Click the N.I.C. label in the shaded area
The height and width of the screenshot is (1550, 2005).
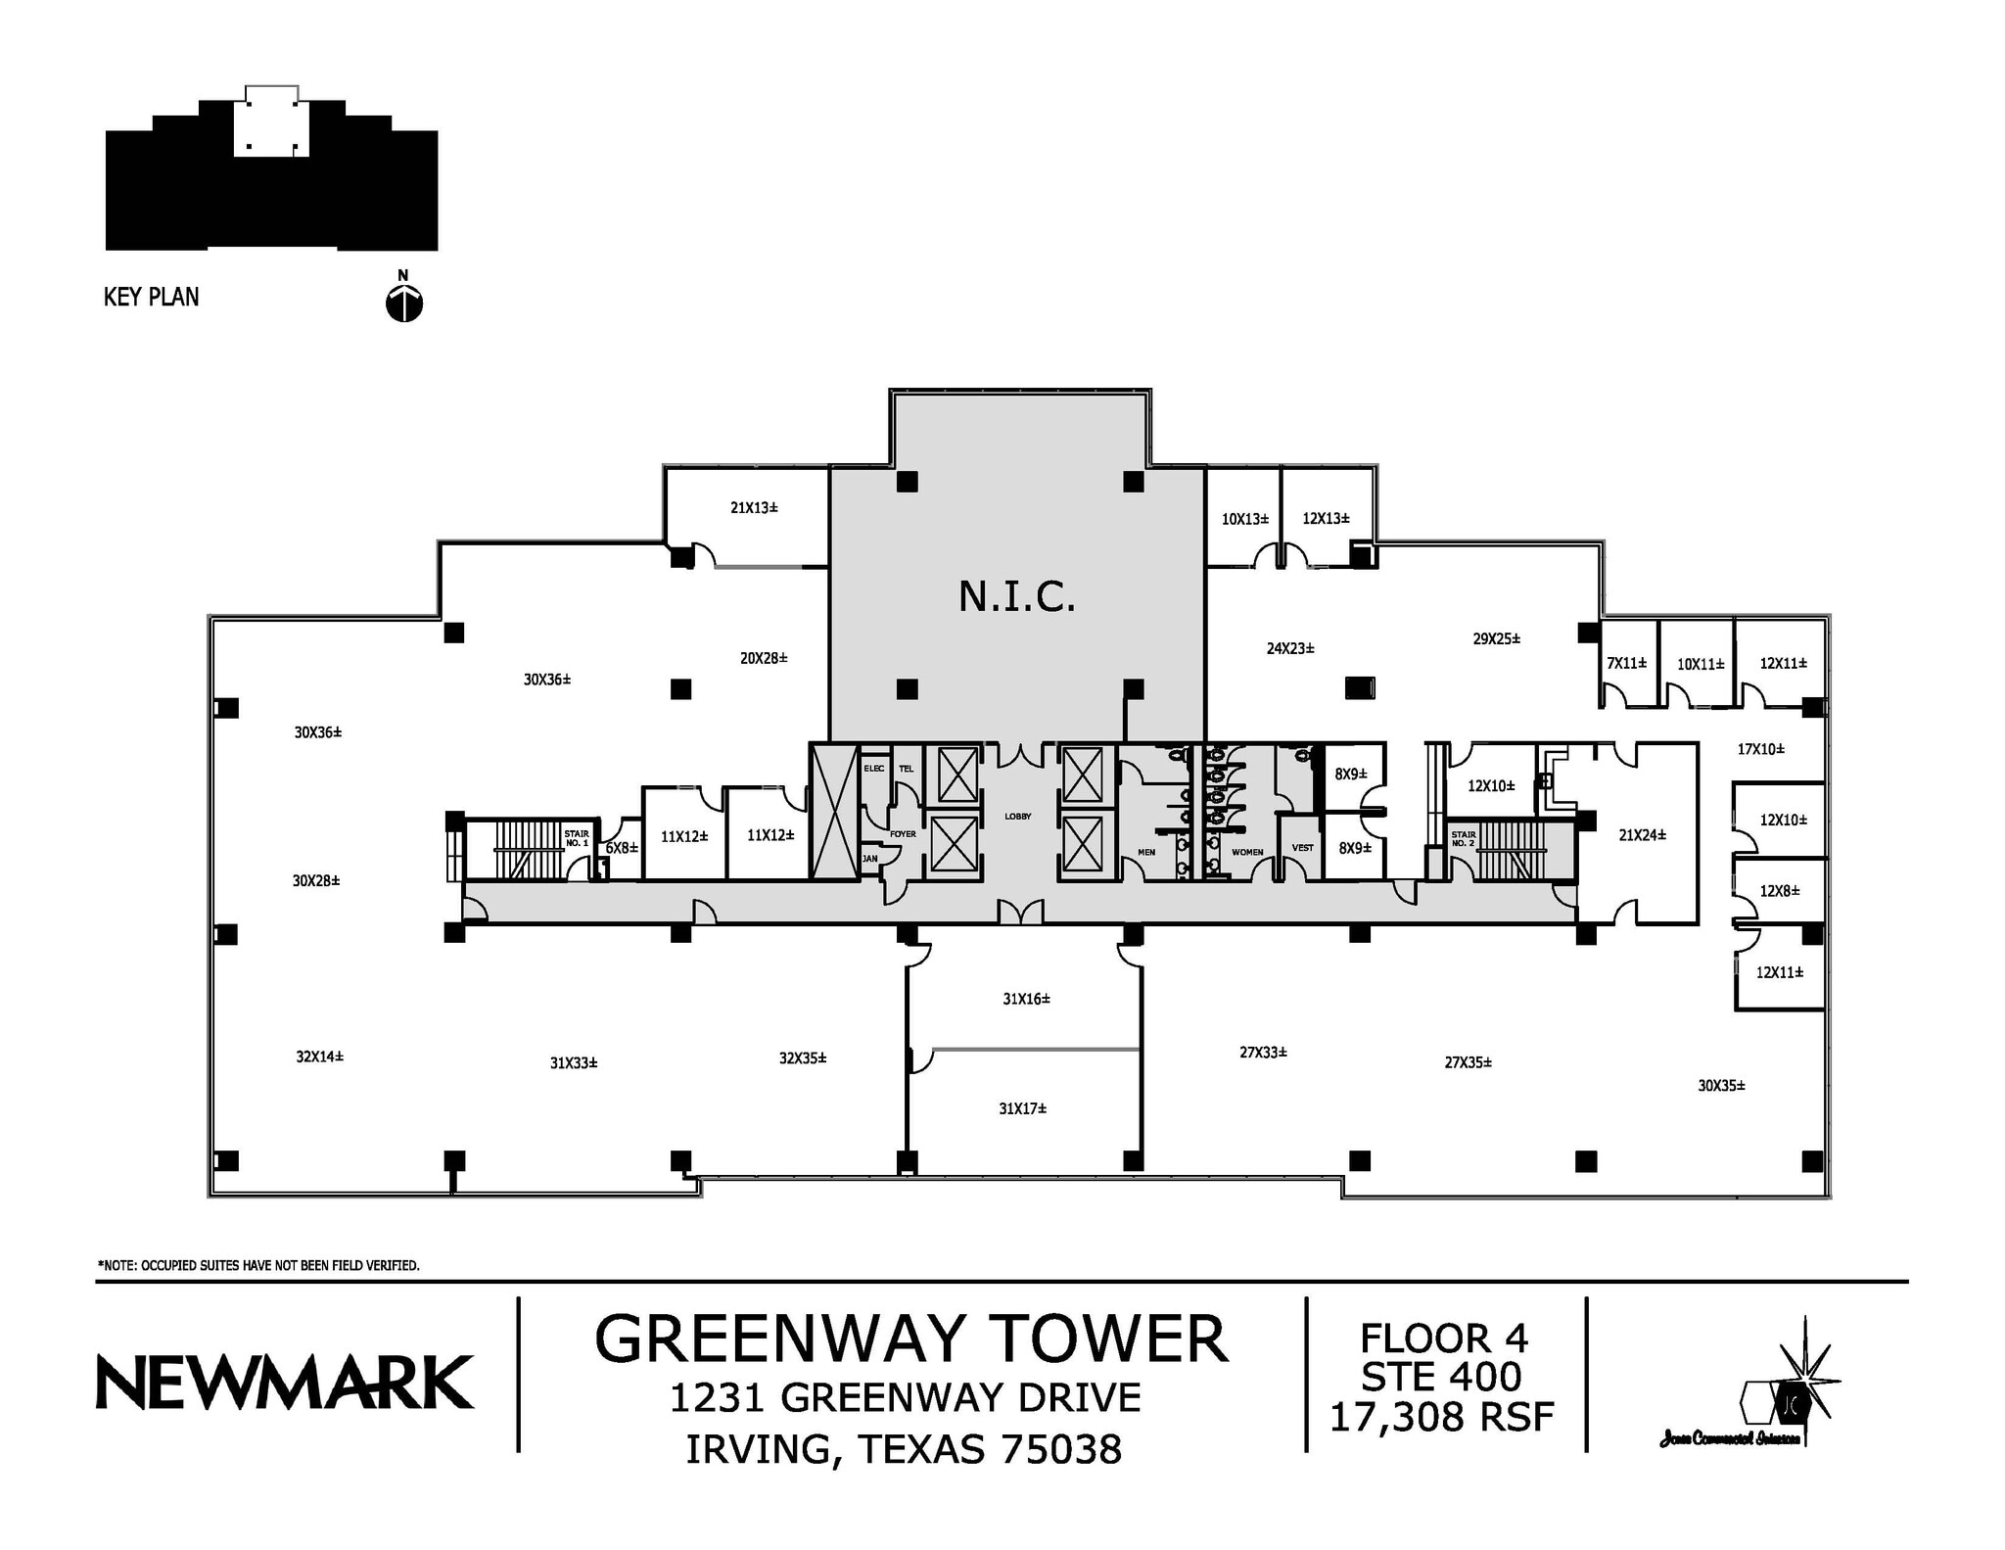1016,596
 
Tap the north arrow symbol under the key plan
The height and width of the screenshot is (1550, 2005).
404,304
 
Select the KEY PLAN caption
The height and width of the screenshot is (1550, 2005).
151,298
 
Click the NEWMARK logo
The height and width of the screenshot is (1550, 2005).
285,1382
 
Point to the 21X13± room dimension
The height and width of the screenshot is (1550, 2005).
754,507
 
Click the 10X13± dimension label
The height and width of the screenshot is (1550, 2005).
1244,519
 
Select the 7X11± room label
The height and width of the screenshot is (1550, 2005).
1626,663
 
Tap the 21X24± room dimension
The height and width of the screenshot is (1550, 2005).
1642,835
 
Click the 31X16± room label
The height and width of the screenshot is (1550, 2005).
1026,999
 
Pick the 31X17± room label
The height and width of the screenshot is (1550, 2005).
1022,1108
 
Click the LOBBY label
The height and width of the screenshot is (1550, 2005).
1017,816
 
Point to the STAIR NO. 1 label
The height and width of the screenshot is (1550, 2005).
577,838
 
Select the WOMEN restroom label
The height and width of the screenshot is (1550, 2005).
1246,852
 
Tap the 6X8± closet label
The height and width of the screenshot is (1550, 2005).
621,848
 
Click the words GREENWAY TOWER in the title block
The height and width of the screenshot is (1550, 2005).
910,1339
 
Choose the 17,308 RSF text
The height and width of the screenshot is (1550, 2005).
1441,1416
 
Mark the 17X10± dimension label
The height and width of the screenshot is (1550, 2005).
1760,749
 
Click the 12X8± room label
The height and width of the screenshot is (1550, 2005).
1779,891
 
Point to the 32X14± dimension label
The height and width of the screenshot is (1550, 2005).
319,1057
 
